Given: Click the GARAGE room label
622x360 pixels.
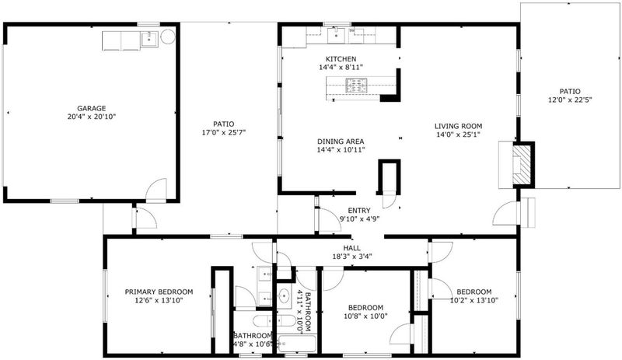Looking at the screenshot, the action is click(x=91, y=108).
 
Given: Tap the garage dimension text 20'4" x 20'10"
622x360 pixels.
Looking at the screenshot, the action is click(x=92, y=117).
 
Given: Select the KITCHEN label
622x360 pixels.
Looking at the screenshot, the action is click(x=341, y=59).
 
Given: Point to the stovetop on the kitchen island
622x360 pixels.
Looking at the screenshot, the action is click(x=357, y=86).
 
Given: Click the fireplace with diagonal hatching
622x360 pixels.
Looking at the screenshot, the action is click(x=522, y=164).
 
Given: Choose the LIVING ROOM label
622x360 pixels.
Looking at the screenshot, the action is click(x=458, y=126).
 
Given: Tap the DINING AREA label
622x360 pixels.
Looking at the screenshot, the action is click(x=341, y=142).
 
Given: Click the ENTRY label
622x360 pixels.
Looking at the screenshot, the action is click(x=359, y=211).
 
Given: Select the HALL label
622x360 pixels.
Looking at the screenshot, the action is click(x=352, y=248).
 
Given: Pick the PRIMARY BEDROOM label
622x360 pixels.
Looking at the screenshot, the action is click(x=159, y=292).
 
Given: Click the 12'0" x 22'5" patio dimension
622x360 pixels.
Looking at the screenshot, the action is click(x=570, y=100).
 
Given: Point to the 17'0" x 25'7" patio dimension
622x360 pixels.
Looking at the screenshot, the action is click(x=224, y=132).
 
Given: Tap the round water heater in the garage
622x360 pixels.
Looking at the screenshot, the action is click(x=168, y=37).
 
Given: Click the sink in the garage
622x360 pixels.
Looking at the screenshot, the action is click(x=149, y=40).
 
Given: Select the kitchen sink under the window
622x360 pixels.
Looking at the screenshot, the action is click(x=337, y=36).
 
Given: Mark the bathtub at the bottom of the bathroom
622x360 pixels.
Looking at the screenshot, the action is click(x=296, y=344).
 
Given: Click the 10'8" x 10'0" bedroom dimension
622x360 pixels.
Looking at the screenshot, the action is click(x=365, y=316).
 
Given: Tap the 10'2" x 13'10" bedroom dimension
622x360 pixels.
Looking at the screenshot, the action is click(x=474, y=300).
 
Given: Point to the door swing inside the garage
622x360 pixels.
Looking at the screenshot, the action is click(x=156, y=190).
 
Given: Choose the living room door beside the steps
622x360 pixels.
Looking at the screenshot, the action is click(x=505, y=214).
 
